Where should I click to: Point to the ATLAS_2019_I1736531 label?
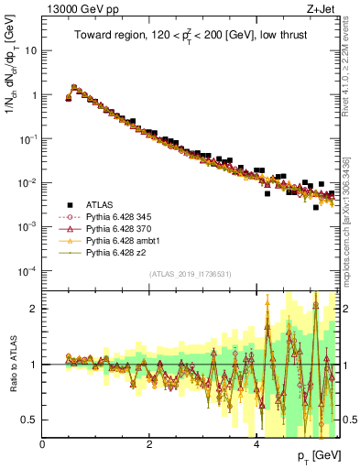pyautogui.click(x=190, y=274)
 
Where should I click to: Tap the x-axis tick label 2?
pyautogui.click(x=149, y=443)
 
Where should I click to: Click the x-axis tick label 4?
pyautogui.click(x=256, y=443)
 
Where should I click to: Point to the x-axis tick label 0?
pyautogui.click(x=42, y=443)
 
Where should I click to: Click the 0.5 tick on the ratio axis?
pyautogui.click(x=30, y=420)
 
